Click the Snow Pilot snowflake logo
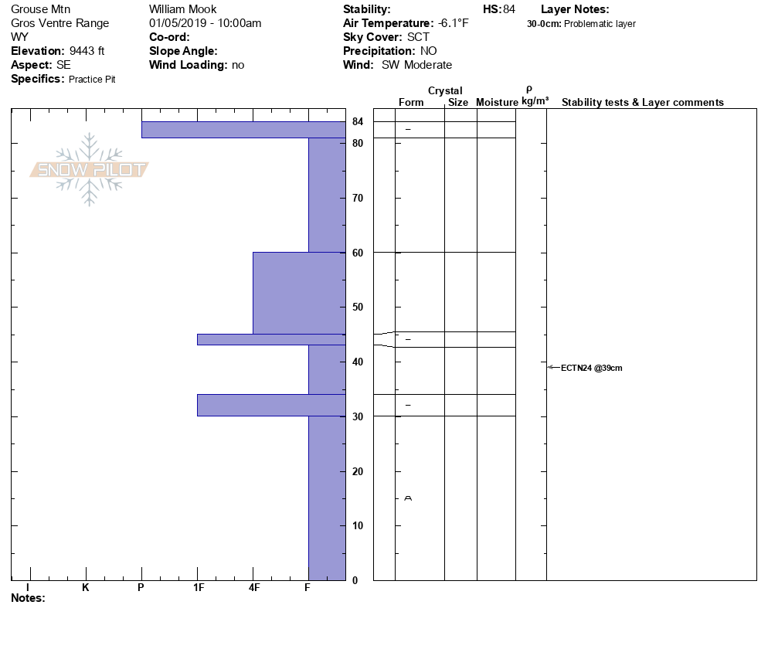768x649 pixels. [x=90, y=170]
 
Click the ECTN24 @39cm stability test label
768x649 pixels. [x=591, y=368]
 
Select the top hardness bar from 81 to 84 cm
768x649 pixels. [x=243, y=130]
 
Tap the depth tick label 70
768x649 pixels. [x=358, y=199]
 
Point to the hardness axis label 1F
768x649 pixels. [x=198, y=588]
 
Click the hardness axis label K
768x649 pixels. [x=86, y=588]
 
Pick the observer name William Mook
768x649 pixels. [x=177, y=9]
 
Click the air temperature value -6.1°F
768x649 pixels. [x=454, y=23]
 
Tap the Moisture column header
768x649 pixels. [x=497, y=103]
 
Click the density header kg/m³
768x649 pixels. [x=535, y=101]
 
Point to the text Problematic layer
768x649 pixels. [x=600, y=24]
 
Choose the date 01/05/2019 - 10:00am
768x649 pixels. [x=205, y=23]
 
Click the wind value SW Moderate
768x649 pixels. [x=416, y=65]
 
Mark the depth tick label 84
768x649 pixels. [x=358, y=121]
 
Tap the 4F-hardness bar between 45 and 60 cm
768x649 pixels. [x=298, y=293]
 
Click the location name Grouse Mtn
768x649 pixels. [x=41, y=9]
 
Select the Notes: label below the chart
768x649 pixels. [x=29, y=598]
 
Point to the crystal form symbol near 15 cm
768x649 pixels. [x=408, y=498]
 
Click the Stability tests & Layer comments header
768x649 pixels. [x=642, y=103]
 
